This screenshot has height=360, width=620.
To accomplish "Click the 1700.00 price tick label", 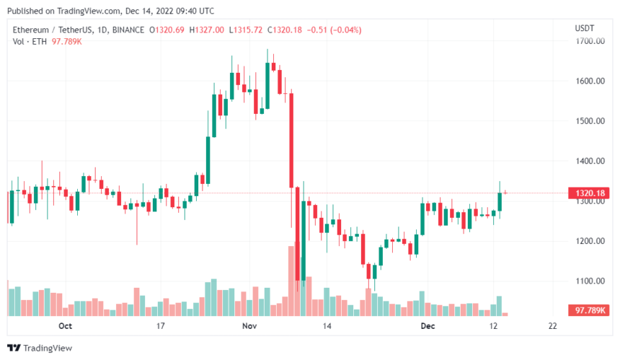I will [x=588, y=41].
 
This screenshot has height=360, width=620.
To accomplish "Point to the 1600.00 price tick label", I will [x=588, y=81].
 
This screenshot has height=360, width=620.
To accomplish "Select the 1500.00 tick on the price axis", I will [x=588, y=120].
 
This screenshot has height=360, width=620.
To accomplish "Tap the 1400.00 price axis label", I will [x=588, y=161].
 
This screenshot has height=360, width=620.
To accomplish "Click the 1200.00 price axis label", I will [x=588, y=241].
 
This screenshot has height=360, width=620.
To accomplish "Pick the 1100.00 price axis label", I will [x=588, y=281].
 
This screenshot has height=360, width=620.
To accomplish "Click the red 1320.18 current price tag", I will [x=588, y=193].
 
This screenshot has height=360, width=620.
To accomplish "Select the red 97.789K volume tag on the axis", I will [x=588, y=310].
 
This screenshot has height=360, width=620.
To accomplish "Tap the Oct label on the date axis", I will [x=66, y=326].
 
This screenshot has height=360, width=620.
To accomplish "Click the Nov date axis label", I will [x=249, y=326].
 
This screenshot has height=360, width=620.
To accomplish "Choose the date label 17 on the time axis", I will [x=161, y=326].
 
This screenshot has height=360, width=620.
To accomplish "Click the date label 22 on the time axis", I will [x=552, y=326].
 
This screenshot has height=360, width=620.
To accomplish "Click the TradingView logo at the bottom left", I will [x=39, y=348].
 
